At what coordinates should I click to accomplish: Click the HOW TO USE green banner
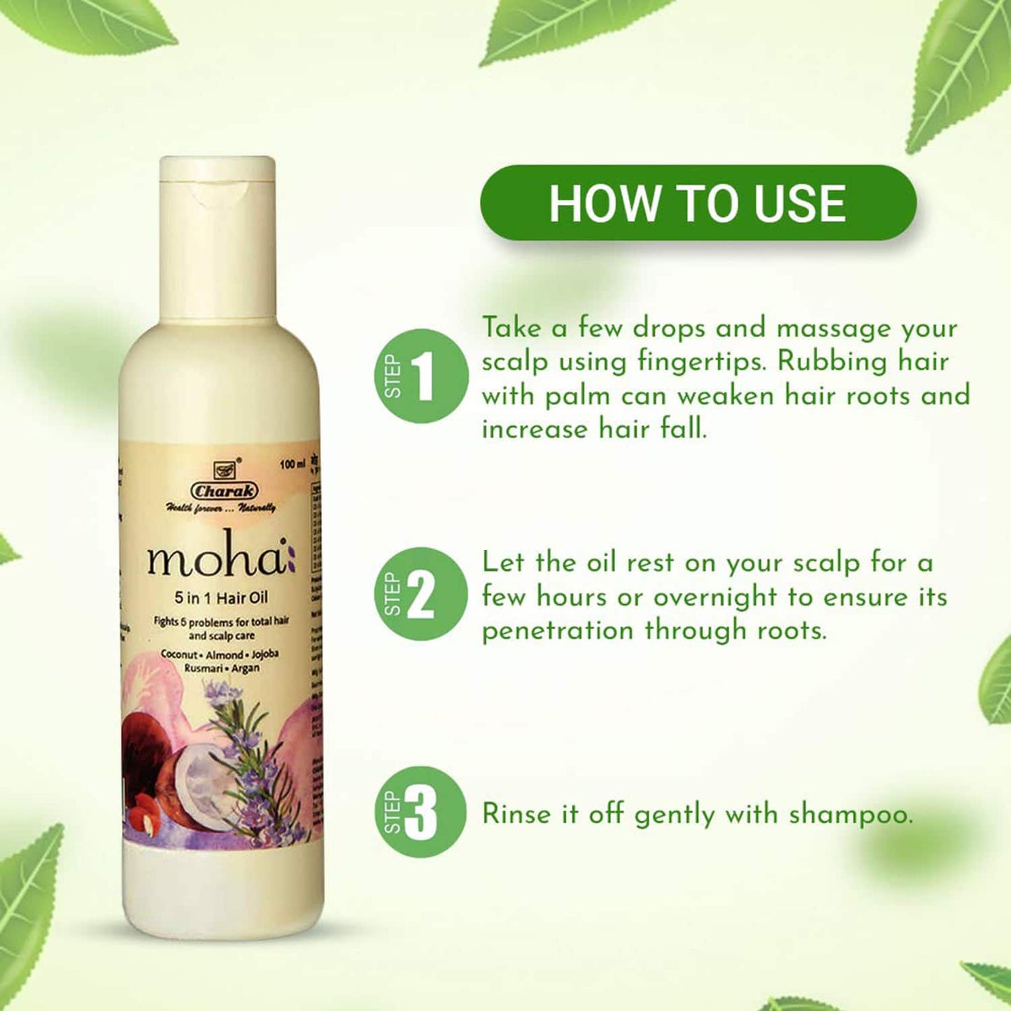[698, 204]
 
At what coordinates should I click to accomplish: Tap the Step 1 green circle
[420, 376]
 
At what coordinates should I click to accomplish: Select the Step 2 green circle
[420, 594]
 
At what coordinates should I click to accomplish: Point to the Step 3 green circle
[420, 812]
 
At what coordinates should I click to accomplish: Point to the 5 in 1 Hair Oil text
[221, 598]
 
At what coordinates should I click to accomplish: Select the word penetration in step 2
[557, 631]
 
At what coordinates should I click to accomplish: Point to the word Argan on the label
[246, 668]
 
